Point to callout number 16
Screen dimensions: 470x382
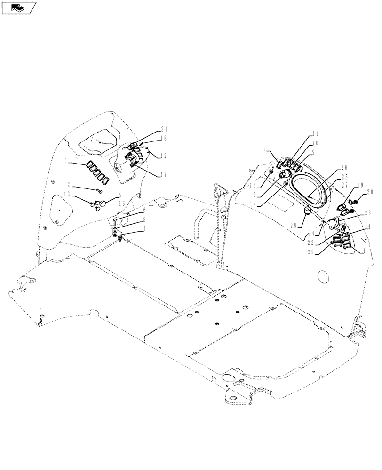tap(121, 204)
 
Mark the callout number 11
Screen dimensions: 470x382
tap(315, 133)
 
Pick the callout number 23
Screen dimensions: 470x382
tap(367, 212)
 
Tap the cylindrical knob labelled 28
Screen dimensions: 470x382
tap(308, 212)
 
